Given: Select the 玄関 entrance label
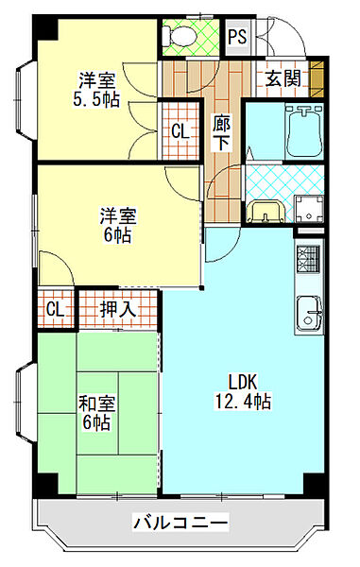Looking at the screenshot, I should pos(283,78).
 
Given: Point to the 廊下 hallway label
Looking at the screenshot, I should pos(222,132).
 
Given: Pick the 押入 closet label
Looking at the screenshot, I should pos(118,307).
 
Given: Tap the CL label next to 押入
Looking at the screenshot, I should pos(55,308).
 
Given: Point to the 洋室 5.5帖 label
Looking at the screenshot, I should pos(97,89).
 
